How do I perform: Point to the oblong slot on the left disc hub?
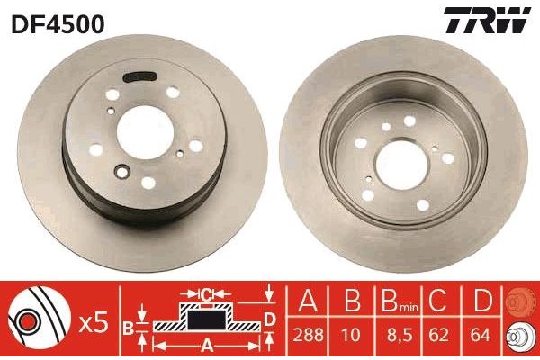(138, 76)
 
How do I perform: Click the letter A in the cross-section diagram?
(205, 342)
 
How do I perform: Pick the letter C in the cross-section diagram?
(205, 294)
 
